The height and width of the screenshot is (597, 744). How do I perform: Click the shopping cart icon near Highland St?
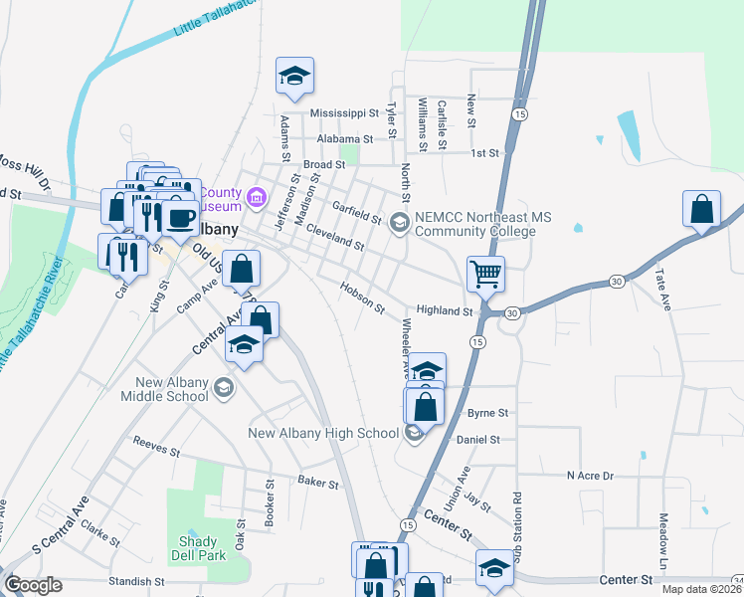click(485, 273)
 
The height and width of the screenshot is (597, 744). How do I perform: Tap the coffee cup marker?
click(180, 218)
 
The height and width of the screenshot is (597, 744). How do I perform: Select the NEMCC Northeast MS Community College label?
click(474, 224)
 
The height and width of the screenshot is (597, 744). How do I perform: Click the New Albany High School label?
click(322, 433)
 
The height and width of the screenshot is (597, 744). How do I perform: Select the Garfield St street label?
click(357, 212)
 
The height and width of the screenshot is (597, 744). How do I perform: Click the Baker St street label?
click(318, 484)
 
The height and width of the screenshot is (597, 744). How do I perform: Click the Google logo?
click(33, 585)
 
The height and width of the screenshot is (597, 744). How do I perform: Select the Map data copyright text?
click(701, 589)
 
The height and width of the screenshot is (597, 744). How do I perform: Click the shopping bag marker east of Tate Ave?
click(702, 209)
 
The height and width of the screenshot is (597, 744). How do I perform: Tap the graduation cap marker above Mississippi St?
click(294, 76)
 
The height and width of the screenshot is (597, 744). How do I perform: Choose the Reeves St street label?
click(155, 452)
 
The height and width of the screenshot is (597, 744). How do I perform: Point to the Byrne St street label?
click(488, 412)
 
